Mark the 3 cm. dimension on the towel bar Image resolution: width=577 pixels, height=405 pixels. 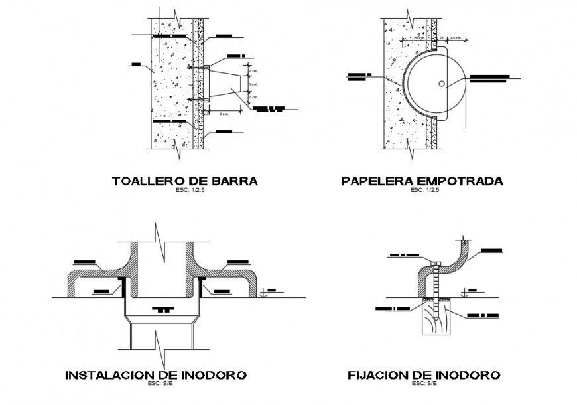[253, 84]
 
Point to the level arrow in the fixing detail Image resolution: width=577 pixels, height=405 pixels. [470, 293]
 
